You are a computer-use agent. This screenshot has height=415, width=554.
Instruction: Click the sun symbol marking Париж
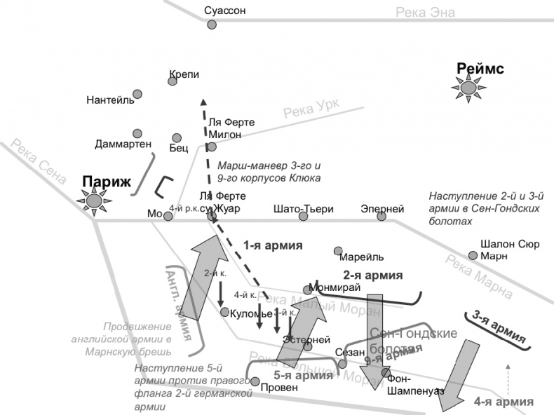[x=93, y=201]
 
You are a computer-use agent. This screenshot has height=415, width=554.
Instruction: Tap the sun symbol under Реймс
[x=467, y=88]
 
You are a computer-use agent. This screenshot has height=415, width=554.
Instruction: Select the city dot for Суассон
[x=212, y=25]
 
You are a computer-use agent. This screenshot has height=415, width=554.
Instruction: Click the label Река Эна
[x=425, y=12]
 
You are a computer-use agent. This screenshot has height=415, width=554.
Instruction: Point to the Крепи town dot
[x=173, y=81]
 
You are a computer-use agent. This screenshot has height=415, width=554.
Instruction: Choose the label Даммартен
[x=123, y=144]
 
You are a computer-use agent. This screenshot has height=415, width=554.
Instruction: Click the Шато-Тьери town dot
[x=304, y=216]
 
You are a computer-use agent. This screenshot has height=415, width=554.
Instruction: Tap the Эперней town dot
[x=381, y=216]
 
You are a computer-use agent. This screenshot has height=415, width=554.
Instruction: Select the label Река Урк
[x=311, y=109]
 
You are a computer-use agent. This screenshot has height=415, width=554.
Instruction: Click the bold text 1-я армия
[x=273, y=245]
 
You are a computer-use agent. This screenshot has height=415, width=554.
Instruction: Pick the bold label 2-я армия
[x=372, y=275]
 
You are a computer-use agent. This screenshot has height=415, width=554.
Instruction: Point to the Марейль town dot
[x=338, y=250]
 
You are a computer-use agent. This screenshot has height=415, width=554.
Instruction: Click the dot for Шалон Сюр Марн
[x=473, y=255]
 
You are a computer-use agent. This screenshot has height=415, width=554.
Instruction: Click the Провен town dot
[x=256, y=383]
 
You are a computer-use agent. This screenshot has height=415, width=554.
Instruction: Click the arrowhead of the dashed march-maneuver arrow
[x=203, y=101]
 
